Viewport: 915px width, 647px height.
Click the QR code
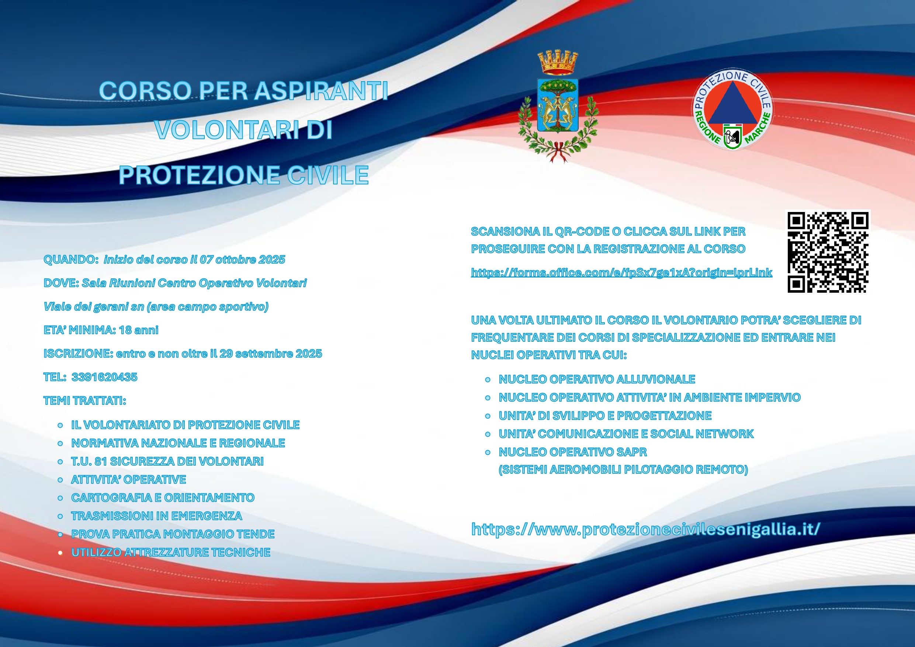pos(828,252)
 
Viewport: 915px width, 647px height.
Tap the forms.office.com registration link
pos(621,272)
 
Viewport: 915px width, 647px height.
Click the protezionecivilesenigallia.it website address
pos(646,529)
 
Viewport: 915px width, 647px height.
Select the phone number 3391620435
pos(104,377)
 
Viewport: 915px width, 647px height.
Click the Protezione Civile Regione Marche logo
pos(732,109)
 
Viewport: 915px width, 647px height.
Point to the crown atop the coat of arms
pos(558,63)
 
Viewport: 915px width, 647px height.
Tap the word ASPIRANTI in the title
pos(321,90)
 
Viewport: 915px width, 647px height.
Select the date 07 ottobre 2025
pos(242,260)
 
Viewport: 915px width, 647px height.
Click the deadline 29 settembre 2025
pos(271,354)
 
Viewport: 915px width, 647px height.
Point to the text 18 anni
pos(138,330)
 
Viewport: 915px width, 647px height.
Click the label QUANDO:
pos(71,260)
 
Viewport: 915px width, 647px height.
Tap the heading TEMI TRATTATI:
pos(85,400)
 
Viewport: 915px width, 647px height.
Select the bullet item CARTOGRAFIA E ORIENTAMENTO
pos(163,498)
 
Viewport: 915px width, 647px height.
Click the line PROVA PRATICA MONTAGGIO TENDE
pos(173,534)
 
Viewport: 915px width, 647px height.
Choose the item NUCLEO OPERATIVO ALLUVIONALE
pos(597,379)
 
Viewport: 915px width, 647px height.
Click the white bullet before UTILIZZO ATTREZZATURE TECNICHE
pos(60,553)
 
